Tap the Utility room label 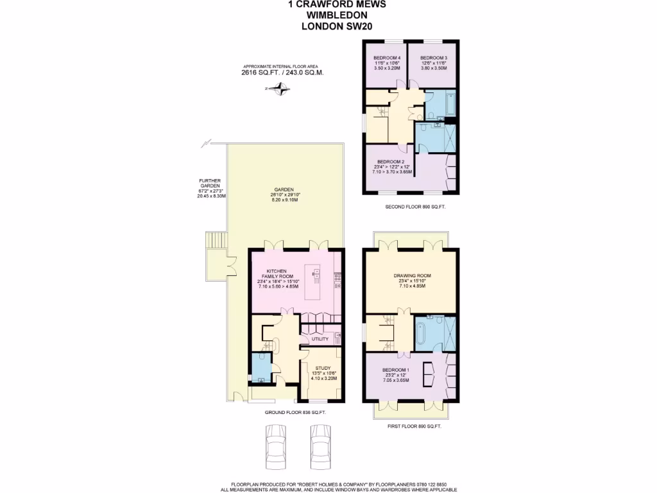320,339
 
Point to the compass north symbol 280,91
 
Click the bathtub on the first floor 421,332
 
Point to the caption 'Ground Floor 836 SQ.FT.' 296,413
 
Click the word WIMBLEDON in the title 328,15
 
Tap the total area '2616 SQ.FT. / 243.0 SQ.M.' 282,73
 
